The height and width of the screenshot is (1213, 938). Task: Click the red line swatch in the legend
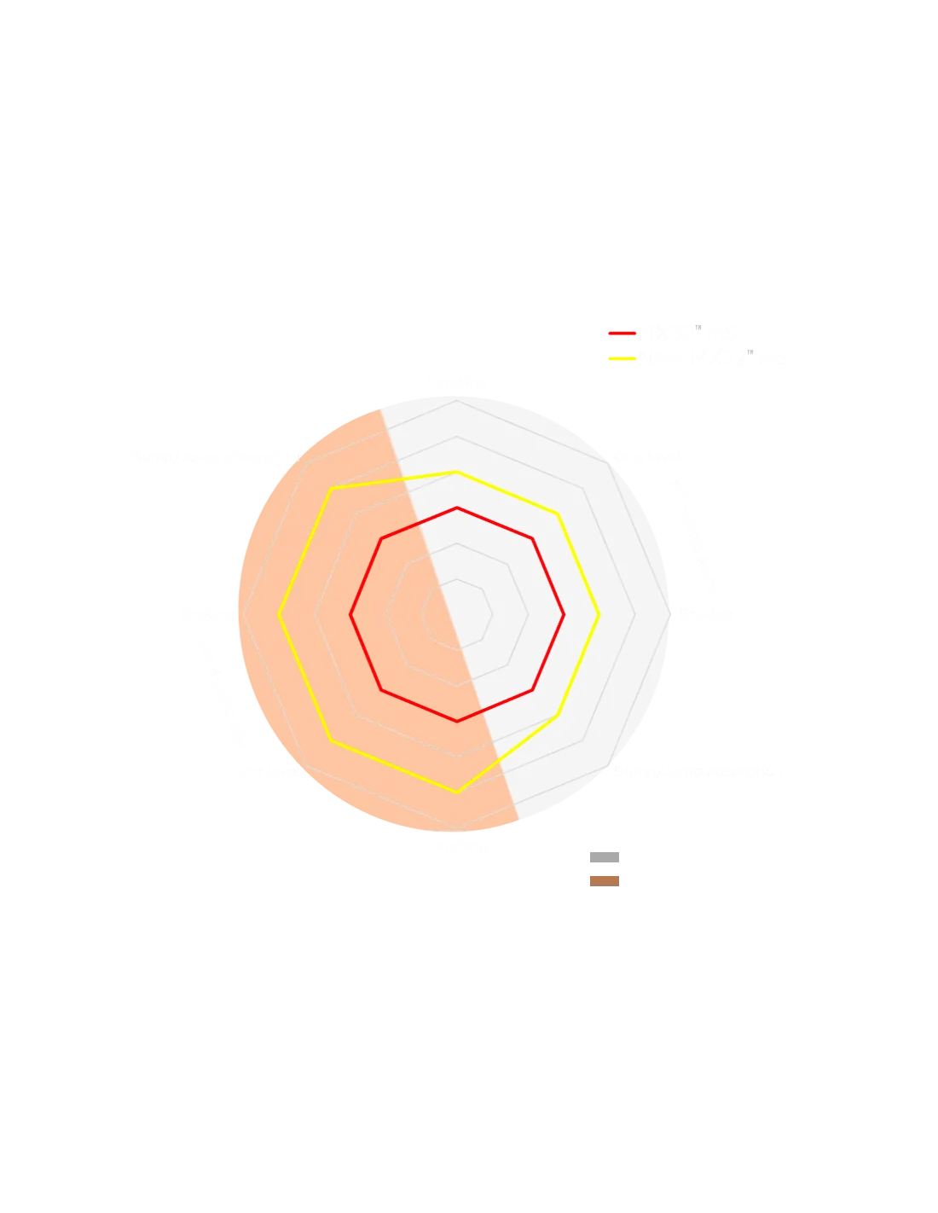[622, 333]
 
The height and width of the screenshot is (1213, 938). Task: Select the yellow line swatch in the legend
[622, 358]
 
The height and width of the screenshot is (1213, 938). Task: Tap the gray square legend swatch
[604, 856]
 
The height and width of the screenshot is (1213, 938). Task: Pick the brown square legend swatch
[604, 880]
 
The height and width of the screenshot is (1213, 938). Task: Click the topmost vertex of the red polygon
[458, 508]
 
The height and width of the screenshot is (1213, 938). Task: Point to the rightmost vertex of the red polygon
[565, 614]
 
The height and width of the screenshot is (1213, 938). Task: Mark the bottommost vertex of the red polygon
[458, 722]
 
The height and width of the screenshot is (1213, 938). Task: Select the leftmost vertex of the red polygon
[350, 614]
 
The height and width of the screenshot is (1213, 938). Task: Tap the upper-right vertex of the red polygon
[534, 538]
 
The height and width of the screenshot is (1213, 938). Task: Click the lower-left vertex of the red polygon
[382, 690]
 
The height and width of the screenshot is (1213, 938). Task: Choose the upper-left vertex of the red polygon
[382, 538]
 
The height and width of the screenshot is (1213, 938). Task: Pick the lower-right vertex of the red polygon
[534, 690]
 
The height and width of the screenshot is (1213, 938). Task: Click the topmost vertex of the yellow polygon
[458, 471]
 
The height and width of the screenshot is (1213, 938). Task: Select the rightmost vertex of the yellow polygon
[600, 614]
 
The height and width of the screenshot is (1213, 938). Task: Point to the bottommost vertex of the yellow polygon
[458, 793]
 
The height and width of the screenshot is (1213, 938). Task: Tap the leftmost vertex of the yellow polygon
[280, 614]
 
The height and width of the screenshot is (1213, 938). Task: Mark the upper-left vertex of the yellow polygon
[331, 489]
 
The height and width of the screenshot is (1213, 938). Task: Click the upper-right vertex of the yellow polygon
[559, 514]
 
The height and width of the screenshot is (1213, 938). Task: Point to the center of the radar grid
[458, 614]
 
